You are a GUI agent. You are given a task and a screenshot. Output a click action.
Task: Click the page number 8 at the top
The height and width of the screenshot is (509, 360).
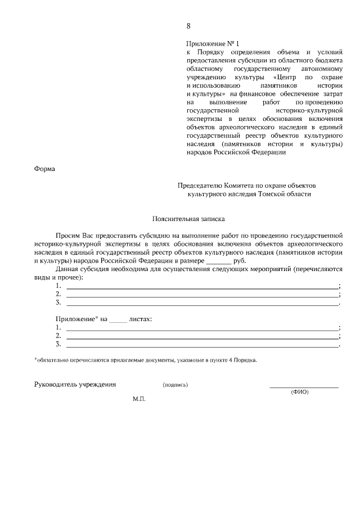click(x=188, y=26)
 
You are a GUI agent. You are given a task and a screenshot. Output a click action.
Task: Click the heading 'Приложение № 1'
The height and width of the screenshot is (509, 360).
click(x=213, y=43)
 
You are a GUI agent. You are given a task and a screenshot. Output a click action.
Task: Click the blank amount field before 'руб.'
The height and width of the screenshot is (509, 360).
click(x=218, y=262)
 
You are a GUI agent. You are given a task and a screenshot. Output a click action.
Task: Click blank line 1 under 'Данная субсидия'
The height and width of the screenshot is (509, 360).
click(x=202, y=287)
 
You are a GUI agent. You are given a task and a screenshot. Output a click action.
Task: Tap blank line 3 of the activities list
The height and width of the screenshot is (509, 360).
click(x=202, y=304)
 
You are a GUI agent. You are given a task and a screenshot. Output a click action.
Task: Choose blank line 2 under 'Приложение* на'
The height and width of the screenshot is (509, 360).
click(x=202, y=336)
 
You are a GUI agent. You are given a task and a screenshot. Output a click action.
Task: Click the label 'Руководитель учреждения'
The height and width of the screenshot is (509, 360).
click(x=75, y=385)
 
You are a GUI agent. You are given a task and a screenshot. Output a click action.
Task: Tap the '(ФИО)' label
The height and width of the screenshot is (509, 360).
click(x=299, y=392)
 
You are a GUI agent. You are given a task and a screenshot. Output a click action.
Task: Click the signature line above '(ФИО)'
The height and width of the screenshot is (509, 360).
click(x=304, y=388)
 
